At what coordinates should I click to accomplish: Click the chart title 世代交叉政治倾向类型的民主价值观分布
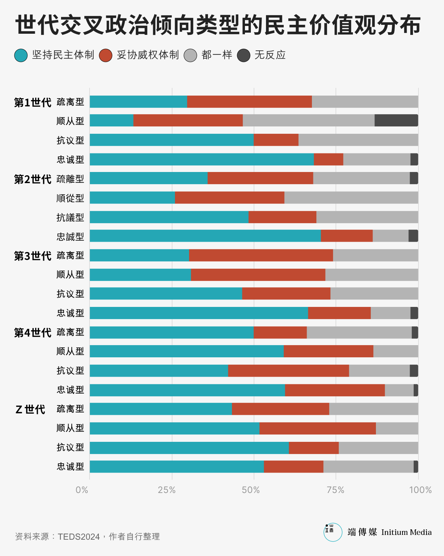(x=218, y=25)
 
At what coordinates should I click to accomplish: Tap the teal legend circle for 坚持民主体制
(x=21, y=55)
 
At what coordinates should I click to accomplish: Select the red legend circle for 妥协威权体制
(x=106, y=55)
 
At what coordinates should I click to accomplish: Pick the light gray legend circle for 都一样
(x=191, y=55)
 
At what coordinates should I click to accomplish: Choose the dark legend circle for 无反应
(x=243, y=55)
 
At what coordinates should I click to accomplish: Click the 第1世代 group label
(x=33, y=102)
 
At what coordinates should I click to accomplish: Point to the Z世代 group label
(x=30, y=409)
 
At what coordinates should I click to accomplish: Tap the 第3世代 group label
(x=33, y=256)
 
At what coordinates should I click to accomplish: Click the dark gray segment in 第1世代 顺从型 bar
(x=396, y=120)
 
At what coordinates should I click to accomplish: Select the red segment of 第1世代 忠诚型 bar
(x=329, y=159)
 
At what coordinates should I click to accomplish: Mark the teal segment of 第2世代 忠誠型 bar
(x=205, y=236)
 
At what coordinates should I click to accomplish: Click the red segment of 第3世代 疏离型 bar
(x=261, y=255)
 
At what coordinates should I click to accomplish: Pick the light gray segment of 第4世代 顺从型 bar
(x=396, y=351)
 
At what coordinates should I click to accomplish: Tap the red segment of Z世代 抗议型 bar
(x=314, y=447)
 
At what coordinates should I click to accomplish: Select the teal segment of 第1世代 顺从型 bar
(x=111, y=120)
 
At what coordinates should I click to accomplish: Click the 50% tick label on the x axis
(x=251, y=490)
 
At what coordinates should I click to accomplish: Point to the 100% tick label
(x=420, y=490)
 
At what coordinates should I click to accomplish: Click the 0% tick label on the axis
(x=82, y=490)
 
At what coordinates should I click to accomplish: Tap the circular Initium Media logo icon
(x=333, y=532)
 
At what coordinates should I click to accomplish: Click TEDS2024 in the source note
(x=79, y=536)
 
